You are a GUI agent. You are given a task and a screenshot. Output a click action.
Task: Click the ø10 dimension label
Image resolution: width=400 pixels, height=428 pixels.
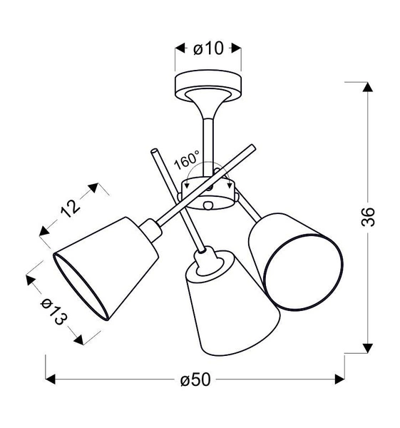pos(208,49)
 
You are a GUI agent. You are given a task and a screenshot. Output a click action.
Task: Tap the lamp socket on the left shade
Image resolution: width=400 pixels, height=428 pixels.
pos(152,230)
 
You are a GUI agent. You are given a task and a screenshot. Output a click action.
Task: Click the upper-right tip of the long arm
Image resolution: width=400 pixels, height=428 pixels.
pos(252,148)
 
